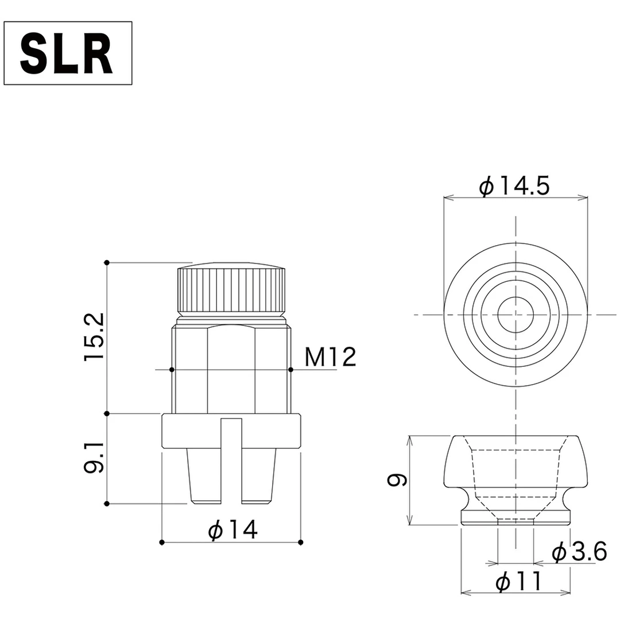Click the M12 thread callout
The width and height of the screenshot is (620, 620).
330,358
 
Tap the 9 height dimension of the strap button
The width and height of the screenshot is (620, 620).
397,480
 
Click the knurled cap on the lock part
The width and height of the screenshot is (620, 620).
231,290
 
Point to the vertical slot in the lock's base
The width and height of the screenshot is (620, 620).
231,459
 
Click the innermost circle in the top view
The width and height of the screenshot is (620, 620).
516,315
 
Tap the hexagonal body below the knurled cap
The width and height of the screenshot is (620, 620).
231,367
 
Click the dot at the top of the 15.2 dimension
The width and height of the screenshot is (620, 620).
107,262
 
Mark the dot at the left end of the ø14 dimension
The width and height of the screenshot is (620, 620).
162,542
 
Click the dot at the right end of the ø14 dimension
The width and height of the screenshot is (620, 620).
301,542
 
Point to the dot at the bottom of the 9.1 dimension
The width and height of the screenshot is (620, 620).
107,504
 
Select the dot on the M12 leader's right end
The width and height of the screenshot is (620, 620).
291,370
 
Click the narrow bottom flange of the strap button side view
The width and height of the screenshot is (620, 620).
516,518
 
